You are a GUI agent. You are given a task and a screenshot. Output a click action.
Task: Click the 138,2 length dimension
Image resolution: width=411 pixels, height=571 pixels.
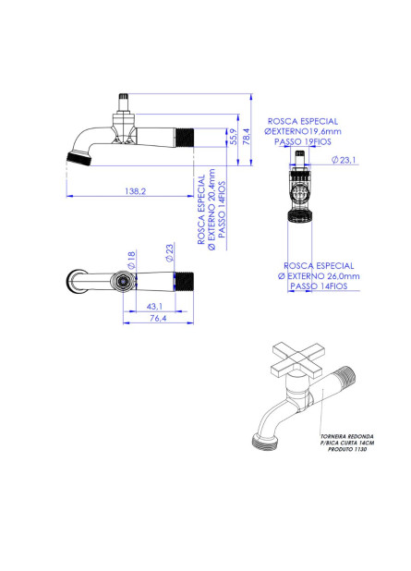pyautogui.click(x=135, y=191)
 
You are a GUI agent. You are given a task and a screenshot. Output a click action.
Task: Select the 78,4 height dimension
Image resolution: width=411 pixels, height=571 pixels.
pyautogui.click(x=247, y=137)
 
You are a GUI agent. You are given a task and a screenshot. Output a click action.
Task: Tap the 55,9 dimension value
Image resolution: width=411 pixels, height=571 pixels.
pyautogui.click(x=234, y=137)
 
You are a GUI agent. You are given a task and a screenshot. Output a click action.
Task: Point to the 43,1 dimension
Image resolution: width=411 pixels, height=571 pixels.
pyautogui.click(x=155, y=307)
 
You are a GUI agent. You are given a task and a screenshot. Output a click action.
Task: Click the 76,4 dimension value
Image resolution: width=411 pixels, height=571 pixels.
pyautogui.click(x=158, y=318)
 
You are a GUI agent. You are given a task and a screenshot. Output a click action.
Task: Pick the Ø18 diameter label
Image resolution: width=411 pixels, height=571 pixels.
pyautogui.click(x=131, y=260)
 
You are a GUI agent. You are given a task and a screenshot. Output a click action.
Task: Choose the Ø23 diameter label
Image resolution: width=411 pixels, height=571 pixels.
pyautogui.click(x=169, y=253)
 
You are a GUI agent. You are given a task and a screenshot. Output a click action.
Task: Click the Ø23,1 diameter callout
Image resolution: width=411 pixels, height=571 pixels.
pyautogui.click(x=344, y=160)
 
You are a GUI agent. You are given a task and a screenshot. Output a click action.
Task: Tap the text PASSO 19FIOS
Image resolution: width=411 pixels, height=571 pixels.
pyautogui.click(x=303, y=141)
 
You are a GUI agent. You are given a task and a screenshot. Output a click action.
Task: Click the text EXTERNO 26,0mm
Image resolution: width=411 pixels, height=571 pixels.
pyautogui.click(x=323, y=276)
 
